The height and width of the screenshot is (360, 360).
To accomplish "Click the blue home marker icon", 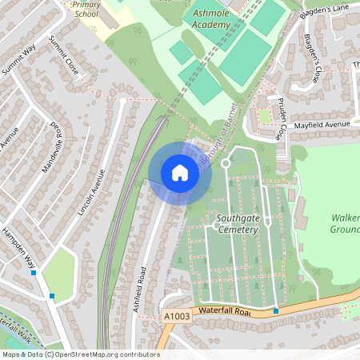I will tap(180, 173).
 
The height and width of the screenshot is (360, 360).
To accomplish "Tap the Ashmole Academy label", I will tap(210, 18).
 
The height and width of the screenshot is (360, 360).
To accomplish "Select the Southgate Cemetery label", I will tap(237, 223).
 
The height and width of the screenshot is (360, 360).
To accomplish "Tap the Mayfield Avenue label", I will tap(322, 125).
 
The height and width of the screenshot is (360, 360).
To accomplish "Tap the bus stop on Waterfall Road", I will tap(276, 310).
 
